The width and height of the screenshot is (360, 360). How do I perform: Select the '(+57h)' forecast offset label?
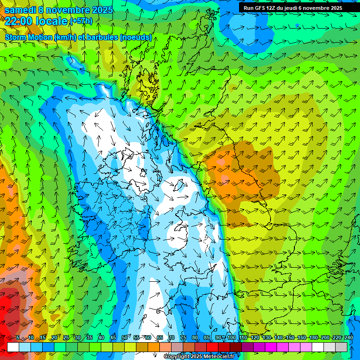[x=81, y=21]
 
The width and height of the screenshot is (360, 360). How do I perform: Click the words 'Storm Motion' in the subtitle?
[x=29, y=37]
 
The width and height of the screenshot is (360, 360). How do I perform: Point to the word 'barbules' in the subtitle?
[x=102, y=37]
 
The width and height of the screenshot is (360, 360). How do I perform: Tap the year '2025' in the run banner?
[x=334, y=8]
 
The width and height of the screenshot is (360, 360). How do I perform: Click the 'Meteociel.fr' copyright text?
[x=216, y=357]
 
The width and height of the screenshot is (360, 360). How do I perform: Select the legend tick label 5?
[x=18, y=338]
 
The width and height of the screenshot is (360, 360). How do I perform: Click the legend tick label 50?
[x=125, y=338]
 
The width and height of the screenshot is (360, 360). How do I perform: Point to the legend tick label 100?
[x=231, y=338]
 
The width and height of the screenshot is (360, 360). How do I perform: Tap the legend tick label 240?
[x=348, y=338]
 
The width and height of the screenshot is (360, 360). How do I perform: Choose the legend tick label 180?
[x=313, y=338]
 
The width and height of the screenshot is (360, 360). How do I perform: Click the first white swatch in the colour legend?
[x=13, y=347]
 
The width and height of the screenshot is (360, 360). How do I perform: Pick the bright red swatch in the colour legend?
[x=212, y=347]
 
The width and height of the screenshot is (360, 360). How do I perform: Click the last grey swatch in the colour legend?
[x=341, y=347]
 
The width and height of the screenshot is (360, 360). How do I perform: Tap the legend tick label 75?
[x=183, y=338]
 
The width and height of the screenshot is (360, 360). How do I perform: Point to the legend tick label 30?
[x=77, y=338]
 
